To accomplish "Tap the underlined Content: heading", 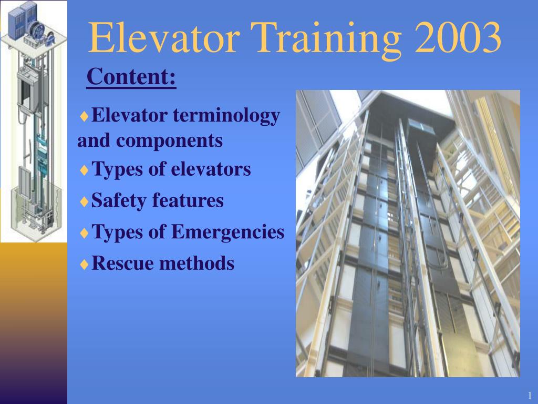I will coord(131,77).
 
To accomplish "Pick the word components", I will coord(170,140).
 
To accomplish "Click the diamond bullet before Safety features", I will coord(84,201).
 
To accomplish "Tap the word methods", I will coord(197,262).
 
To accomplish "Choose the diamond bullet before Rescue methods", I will coord(84,264).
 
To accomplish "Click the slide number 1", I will coord(530,396).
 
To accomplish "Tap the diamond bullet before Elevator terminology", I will coord(84,116).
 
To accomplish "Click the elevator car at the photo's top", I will coord(423,129).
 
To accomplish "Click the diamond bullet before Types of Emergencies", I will coord(84,233).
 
